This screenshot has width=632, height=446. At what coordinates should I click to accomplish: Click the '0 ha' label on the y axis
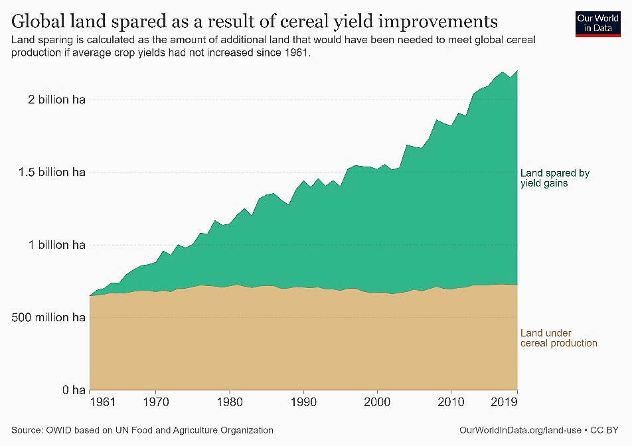click(x=74, y=390)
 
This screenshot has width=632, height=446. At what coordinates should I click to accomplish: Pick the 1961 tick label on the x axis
click(x=103, y=402)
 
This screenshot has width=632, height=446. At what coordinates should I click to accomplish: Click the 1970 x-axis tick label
click(x=155, y=402)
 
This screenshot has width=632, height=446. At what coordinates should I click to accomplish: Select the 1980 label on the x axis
click(x=230, y=402)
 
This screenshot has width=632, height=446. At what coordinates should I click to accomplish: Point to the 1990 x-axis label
click(x=303, y=402)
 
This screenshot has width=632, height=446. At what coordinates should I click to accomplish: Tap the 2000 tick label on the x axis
click(x=377, y=402)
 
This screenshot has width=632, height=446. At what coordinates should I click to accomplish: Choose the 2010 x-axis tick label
click(x=451, y=402)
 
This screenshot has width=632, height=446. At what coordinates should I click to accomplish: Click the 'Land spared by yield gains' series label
click(x=554, y=178)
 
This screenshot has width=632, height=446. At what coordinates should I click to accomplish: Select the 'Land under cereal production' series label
click(x=558, y=338)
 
